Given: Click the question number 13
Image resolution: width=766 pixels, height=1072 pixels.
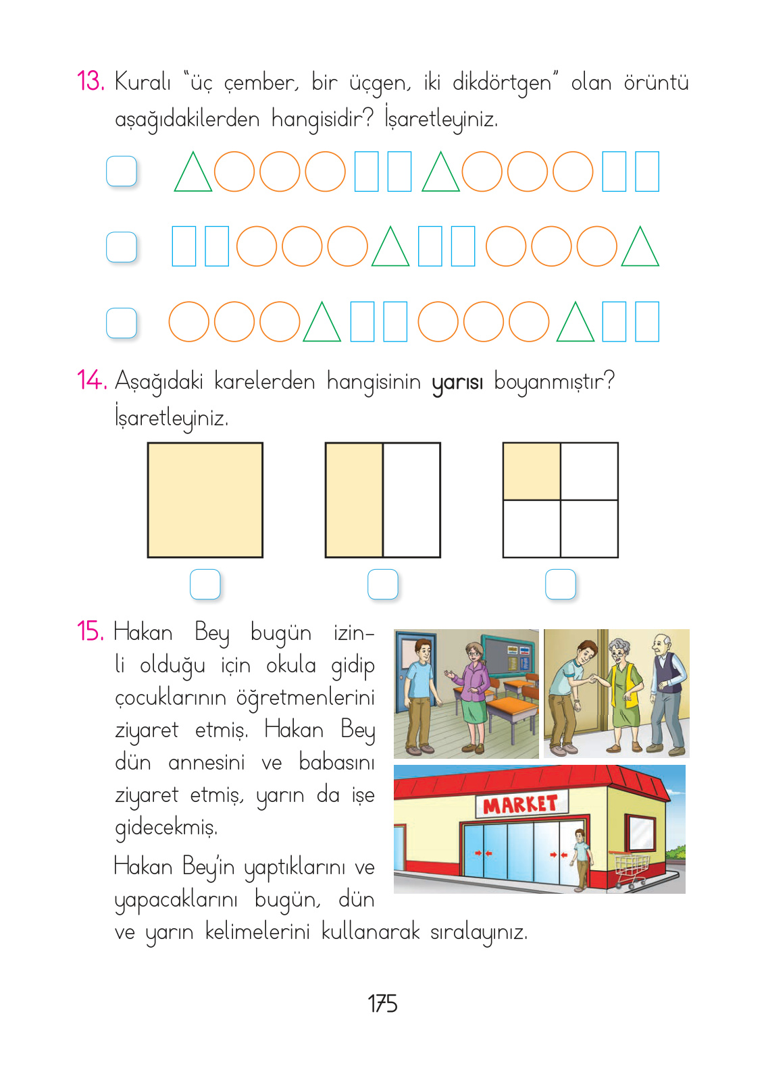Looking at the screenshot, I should [90, 82].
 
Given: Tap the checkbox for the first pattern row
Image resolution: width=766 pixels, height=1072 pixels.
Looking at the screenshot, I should [122, 171].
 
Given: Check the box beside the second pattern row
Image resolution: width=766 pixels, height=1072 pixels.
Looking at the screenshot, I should [122, 247].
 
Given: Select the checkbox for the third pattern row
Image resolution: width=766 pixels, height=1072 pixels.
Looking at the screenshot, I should [122, 323].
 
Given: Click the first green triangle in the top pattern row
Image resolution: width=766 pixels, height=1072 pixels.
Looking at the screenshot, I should [193, 174].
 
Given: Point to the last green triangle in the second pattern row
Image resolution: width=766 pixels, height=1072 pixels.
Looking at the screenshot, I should [640, 248].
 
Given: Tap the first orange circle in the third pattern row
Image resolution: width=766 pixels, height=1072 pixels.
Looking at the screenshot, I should [188, 321].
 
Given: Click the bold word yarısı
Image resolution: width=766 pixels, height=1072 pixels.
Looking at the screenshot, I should [457, 382].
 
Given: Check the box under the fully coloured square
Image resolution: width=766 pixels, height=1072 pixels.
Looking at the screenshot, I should [205, 584].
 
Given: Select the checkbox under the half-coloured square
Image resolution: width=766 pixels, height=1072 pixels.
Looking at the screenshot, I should [383, 584].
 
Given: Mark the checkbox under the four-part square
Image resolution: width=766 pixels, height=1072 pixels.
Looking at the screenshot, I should [561, 584].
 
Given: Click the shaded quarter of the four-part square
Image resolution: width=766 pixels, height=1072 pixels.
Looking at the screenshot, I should [532, 471].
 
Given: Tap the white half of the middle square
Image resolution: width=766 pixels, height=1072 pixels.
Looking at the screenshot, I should [411, 500].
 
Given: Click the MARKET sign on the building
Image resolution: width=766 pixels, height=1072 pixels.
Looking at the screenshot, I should [520, 804].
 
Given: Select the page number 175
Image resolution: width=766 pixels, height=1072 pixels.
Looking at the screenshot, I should [382, 1004].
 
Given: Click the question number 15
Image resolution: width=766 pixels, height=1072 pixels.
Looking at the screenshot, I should [90, 632].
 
